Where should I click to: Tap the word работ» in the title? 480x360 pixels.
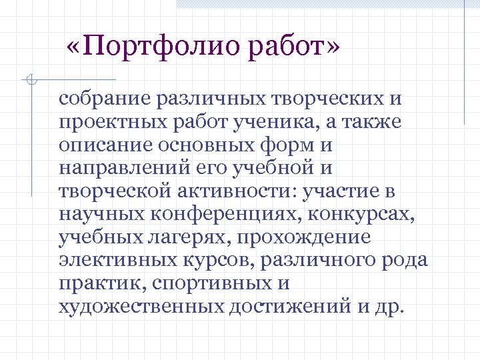pos(294,48)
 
